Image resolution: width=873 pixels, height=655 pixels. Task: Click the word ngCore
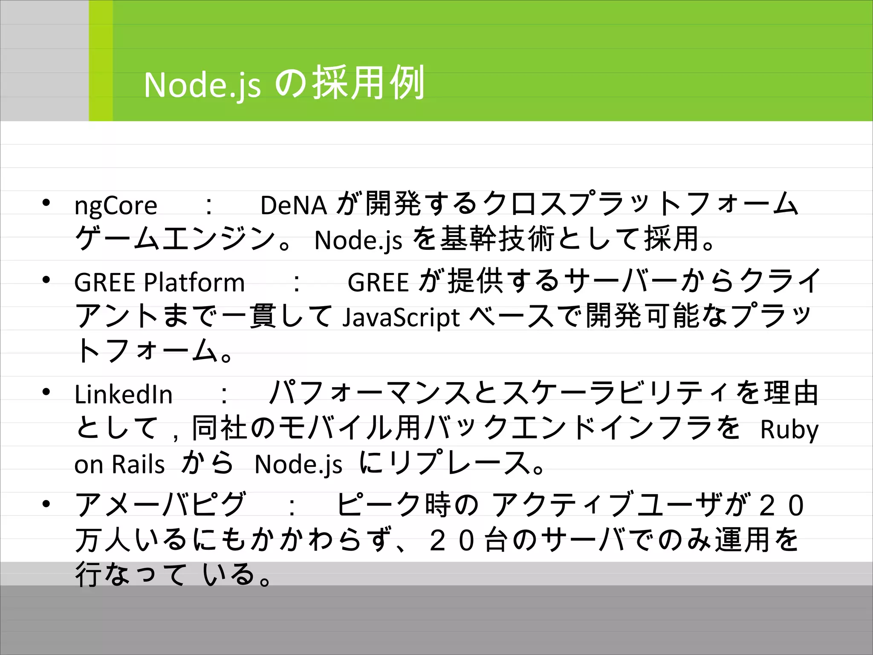(116, 206)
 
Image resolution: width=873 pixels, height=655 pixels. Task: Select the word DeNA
(293, 206)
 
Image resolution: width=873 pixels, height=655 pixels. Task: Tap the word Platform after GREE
(194, 282)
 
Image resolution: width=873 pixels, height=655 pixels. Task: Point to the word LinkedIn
(123, 394)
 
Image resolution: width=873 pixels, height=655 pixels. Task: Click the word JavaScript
(401, 318)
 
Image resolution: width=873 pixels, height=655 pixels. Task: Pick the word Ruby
(789, 429)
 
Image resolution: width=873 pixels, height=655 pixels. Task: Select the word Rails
(139, 464)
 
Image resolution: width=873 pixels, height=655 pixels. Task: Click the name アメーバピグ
(160, 505)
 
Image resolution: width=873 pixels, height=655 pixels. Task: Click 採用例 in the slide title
(368, 83)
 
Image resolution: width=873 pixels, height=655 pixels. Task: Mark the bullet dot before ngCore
(46, 202)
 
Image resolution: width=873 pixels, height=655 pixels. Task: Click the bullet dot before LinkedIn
(46, 391)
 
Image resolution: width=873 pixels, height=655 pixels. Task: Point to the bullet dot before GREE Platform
(46, 280)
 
